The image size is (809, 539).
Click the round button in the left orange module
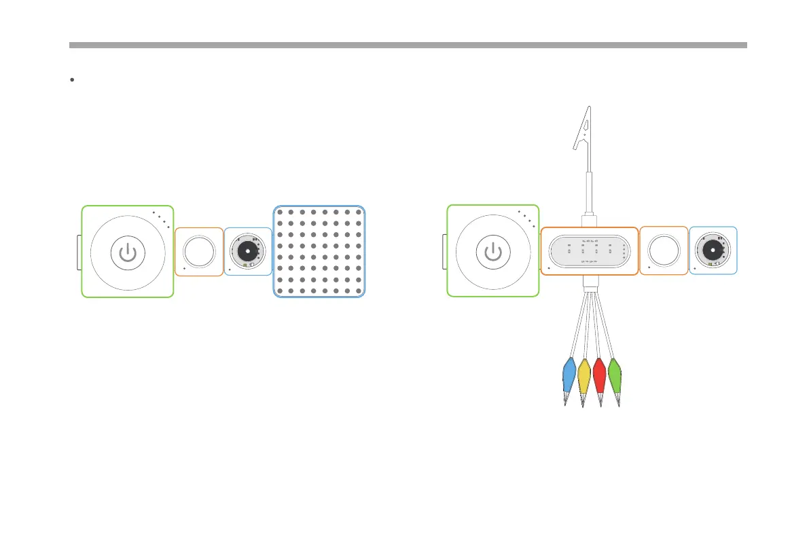(198, 251)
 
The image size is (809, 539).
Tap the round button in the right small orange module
(664, 250)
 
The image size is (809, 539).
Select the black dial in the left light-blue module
(247, 251)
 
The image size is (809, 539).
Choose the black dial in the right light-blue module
(713, 250)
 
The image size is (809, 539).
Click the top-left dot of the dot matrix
(280, 211)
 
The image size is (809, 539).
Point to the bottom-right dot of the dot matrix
(359, 291)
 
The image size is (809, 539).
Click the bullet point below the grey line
(72, 80)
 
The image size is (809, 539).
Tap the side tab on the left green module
(78, 252)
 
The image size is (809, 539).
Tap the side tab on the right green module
(444, 252)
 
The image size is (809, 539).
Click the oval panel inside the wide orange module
(589, 251)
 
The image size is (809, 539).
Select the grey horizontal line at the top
(408, 45)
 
